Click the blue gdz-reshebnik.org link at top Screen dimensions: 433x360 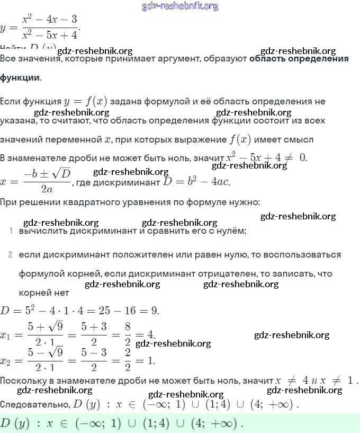pos(180,6)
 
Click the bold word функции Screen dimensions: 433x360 pos(20,77)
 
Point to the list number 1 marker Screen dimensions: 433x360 pos(11,231)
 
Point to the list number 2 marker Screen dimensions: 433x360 pos(11,255)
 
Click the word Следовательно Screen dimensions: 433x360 pos(34,405)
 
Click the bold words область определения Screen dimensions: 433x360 pos(299,59)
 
